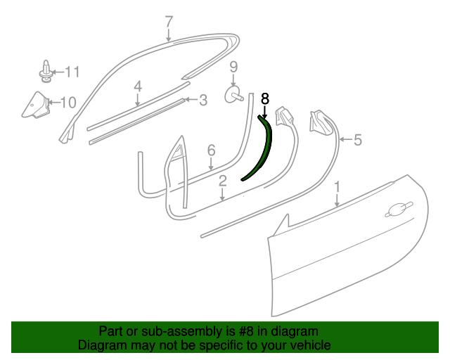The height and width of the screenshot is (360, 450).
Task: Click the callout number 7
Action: click(x=169, y=22)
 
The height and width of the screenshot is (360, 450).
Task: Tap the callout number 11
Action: click(x=72, y=72)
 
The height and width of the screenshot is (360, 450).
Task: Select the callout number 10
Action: click(x=68, y=103)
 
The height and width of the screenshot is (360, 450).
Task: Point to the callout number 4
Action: click(x=138, y=86)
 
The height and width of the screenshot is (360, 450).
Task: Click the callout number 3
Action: click(x=203, y=100)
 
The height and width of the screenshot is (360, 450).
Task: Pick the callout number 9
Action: click(x=233, y=67)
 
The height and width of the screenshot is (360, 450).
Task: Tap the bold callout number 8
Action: click(x=265, y=98)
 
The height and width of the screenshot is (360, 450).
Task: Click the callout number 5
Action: click(x=357, y=140)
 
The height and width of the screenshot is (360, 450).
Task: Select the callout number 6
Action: click(x=211, y=150)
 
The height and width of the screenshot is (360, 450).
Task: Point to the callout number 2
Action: click(x=223, y=181)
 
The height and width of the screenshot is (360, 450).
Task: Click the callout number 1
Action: click(x=337, y=187)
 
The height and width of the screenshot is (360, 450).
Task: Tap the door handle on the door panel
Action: click(x=399, y=210)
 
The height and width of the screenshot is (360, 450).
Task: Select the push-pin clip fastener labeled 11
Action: click(x=45, y=71)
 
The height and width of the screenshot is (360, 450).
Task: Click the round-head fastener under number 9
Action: click(x=233, y=95)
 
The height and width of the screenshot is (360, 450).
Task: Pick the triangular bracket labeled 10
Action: click(x=36, y=105)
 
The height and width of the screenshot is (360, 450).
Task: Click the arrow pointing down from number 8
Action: click(x=264, y=112)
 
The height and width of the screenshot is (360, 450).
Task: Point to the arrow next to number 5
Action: click(x=345, y=140)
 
